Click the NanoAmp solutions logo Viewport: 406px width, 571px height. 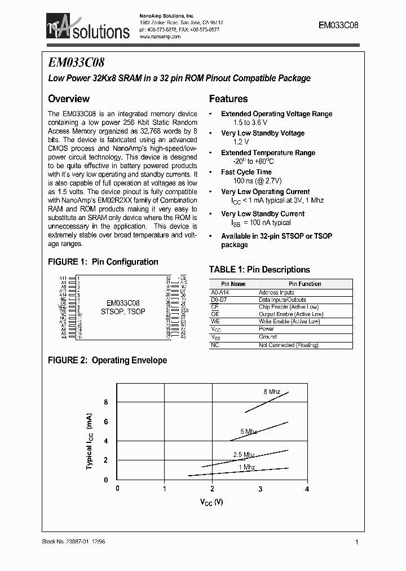tap(88, 28)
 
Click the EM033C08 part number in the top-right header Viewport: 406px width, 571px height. tap(338, 26)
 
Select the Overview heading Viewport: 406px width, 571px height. tap(69, 98)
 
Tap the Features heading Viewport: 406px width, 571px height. tap(228, 99)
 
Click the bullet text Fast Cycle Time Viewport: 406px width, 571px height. tap(246, 172)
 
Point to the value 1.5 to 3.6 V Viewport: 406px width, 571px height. tap(250, 122)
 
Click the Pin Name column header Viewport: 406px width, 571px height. tap(233, 284)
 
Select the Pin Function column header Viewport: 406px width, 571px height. tap(304, 284)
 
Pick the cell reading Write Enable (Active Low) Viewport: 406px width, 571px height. tap(289, 321)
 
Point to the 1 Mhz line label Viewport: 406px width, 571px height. tap(246, 467)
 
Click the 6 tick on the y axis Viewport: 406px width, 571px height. tap(105, 421)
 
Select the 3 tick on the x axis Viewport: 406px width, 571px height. tap(260, 489)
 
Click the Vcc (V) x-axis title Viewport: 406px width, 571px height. tap(211, 502)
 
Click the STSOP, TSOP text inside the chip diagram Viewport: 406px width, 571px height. tap(123, 311)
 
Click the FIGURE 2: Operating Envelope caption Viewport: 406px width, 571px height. tap(107, 360)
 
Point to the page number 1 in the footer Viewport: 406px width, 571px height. tap(357, 542)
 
